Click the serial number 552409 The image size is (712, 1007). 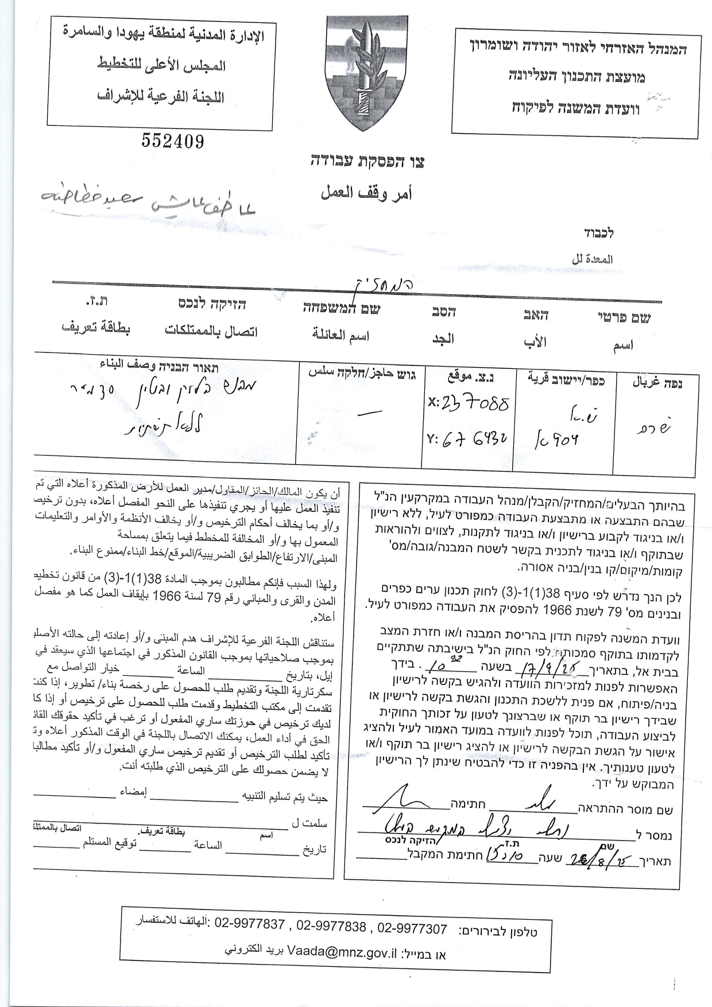point(172,141)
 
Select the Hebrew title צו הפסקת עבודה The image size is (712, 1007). point(366,162)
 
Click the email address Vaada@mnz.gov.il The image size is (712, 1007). point(343,953)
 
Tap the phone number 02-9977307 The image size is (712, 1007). point(412,927)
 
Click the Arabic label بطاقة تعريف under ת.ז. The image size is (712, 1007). point(96,328)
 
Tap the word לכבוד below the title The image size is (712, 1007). point(599,233)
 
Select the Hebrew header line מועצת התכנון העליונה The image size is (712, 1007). point(577,75)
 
